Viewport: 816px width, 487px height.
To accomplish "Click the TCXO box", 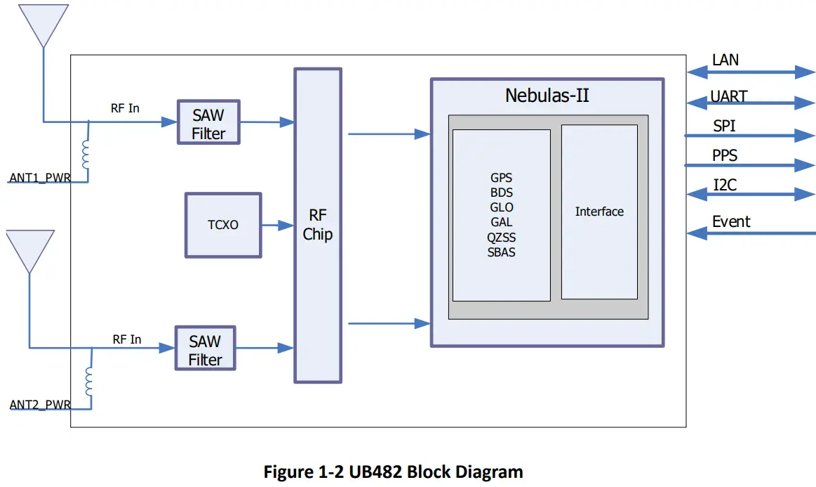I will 223,225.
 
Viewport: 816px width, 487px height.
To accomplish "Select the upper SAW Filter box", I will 208,122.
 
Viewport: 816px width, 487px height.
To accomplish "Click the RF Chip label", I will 317,225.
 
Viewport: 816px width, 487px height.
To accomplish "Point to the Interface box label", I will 599,212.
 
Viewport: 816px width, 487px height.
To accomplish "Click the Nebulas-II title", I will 547,96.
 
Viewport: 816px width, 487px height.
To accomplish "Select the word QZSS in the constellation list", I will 501,238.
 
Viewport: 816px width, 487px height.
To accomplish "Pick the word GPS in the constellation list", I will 501,178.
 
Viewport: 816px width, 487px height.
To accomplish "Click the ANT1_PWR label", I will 39,178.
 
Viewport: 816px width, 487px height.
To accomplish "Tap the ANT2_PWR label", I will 39,405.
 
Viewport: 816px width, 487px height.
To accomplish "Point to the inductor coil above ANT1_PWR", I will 86,155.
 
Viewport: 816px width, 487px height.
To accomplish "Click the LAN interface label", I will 725,60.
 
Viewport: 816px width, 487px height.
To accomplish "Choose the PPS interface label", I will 725,155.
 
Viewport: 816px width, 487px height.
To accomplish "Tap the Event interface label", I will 731,222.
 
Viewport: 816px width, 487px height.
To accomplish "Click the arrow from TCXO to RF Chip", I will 277,226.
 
